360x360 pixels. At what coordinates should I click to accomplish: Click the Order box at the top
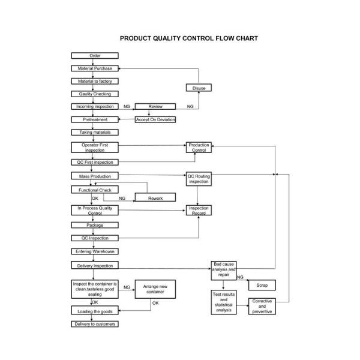pos(95,56)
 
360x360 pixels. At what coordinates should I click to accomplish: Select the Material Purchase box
pos(95,68)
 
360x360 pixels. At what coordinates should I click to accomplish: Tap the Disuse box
pos(199,88)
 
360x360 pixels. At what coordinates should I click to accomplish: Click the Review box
pos(155,106)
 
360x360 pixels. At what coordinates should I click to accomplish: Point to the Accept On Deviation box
pos(155,119)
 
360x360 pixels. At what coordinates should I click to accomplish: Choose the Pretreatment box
pos(95,119)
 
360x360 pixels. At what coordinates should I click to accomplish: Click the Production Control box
pos(199,148)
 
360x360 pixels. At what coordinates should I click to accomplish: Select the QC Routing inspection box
pos(199,179)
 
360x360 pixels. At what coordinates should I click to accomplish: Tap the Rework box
pos(155,198)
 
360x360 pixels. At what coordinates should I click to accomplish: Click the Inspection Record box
pos(199,211)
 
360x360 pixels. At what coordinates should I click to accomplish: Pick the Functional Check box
pos(95,190)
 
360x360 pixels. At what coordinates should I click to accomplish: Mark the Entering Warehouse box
pos(95,251)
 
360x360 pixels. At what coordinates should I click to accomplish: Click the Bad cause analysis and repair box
pos(223,271)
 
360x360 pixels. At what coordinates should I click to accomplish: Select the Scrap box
pos(262,286)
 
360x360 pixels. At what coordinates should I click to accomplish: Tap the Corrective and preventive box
pos(262,307)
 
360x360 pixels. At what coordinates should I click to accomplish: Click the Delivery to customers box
pos(95,324)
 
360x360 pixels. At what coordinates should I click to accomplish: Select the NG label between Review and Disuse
pos(190,106)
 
